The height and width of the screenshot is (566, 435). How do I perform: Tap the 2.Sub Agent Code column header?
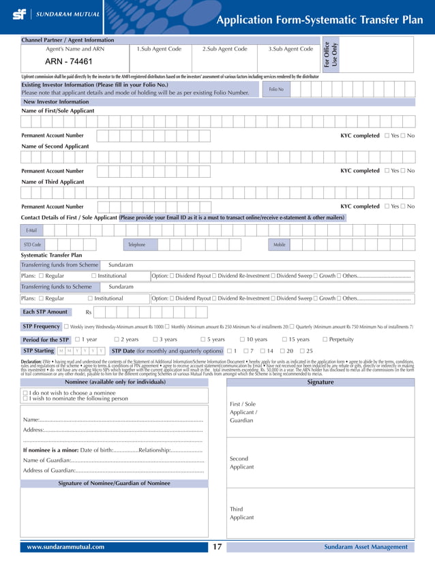coord(225,49)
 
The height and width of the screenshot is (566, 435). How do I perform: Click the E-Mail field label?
coord(31,231)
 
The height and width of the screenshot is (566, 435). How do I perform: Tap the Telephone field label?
coord(136,244)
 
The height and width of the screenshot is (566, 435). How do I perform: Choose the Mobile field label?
coord(280,244)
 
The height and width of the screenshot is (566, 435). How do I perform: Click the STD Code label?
coord(33,244)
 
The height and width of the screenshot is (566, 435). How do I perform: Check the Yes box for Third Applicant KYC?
coord(387,206)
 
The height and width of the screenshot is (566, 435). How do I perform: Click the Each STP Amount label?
coord(45,312)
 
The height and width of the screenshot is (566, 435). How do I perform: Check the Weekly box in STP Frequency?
coord(67,327)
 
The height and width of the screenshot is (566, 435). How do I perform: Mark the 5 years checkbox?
coord(203,339)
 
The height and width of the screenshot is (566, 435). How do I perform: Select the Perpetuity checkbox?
coord(324,339)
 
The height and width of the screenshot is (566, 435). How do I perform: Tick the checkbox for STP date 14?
coord(261,351)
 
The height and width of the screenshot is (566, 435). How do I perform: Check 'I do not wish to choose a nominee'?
coord(25,393)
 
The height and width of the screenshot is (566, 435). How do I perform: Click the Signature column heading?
coord(320,382)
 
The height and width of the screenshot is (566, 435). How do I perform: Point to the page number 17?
coord(217,547)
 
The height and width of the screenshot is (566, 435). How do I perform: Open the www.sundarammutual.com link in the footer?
coord(65,547)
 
